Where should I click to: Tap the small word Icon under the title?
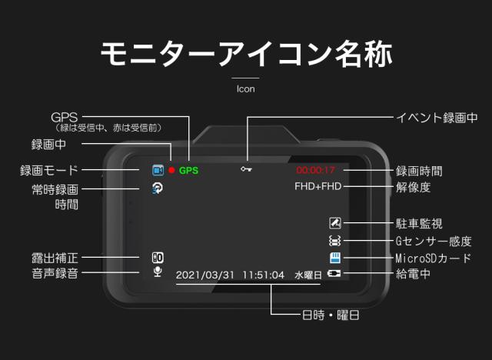246,88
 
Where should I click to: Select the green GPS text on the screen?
188,170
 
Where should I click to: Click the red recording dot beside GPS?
172,170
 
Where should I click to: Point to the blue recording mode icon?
158,170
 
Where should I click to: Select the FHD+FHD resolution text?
317,186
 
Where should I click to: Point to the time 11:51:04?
263,275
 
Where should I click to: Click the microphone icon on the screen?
158,272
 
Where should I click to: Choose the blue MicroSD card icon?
334,258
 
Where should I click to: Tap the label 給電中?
414,275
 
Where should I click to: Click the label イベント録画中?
436,118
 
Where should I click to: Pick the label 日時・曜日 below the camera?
330,315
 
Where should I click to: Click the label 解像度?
414,187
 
